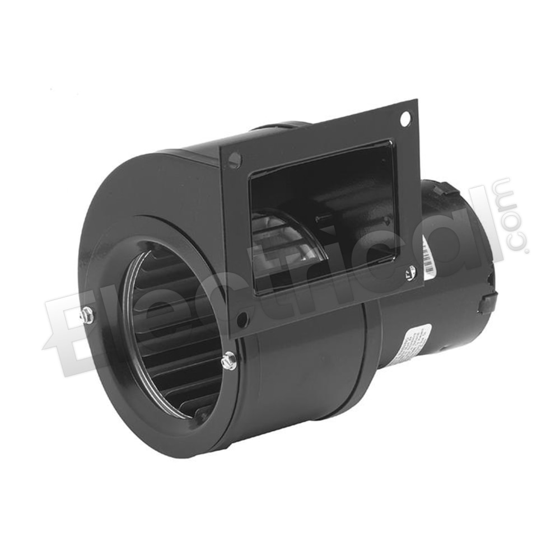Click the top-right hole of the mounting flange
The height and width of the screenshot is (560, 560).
[405, 118]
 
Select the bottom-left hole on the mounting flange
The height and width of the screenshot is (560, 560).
[242, 320]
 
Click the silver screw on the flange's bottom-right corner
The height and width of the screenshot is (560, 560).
[410, 273]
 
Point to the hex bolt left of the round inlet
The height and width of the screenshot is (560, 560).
[87, 315]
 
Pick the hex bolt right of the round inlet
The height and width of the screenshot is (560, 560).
[228, 361]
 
